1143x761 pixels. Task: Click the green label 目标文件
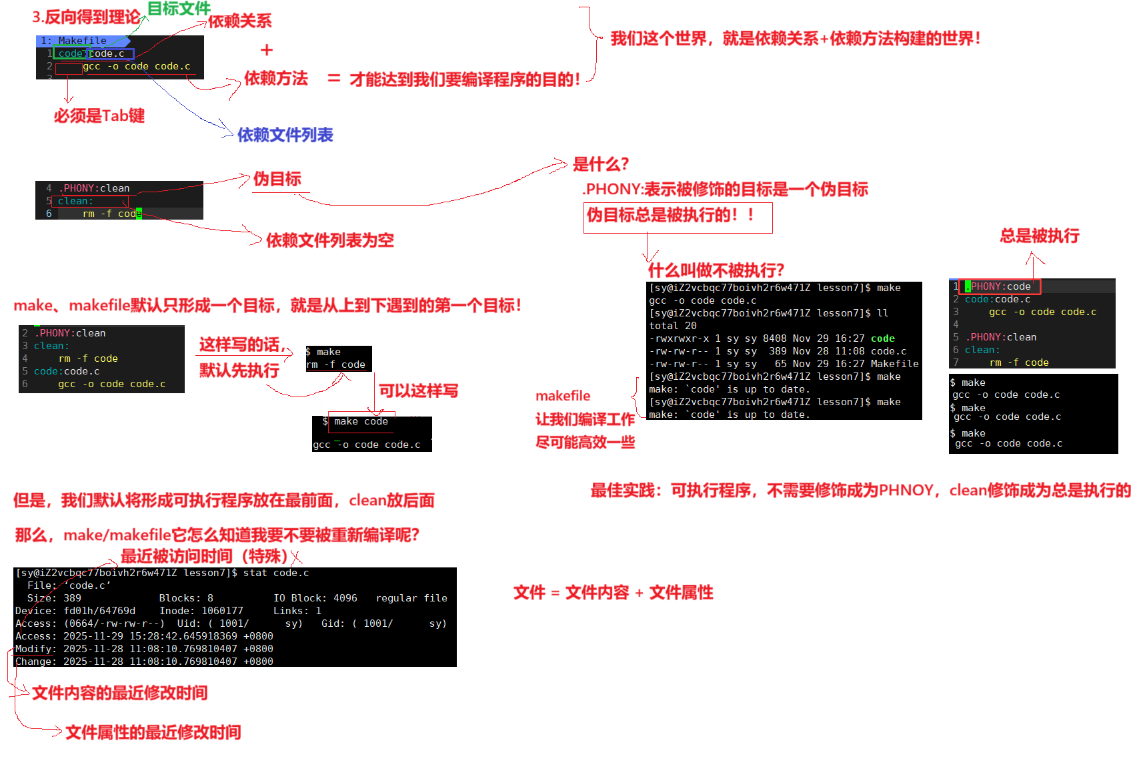click(x=178, y=9)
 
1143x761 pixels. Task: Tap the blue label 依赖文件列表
click(x=285, y=135)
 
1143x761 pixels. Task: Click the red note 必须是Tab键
click(x=99, y=116)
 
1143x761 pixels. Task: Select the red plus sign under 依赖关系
click(x=267, y=50)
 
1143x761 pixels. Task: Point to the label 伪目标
click(x=277, y=179)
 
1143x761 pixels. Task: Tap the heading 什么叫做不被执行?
click(x=716, y=270)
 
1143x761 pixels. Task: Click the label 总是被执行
click(x=1039, y=236)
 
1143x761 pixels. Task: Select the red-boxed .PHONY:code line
click(x=1000, y=286)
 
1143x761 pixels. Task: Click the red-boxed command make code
click(x=361, y=421)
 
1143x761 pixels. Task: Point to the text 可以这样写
click(x=418, y=391)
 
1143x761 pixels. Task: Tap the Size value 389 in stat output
click(x=72, y=598)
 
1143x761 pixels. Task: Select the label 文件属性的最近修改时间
click(x=153, y=732)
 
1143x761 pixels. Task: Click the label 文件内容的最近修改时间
click(x=120, y=693)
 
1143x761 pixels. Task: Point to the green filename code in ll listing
click(x=882, y=338)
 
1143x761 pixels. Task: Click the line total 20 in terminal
click(x=673, y=326)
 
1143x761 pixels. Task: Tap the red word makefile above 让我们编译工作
click(x=563, y=396)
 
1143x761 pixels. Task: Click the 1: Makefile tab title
click(x=75, y=41)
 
